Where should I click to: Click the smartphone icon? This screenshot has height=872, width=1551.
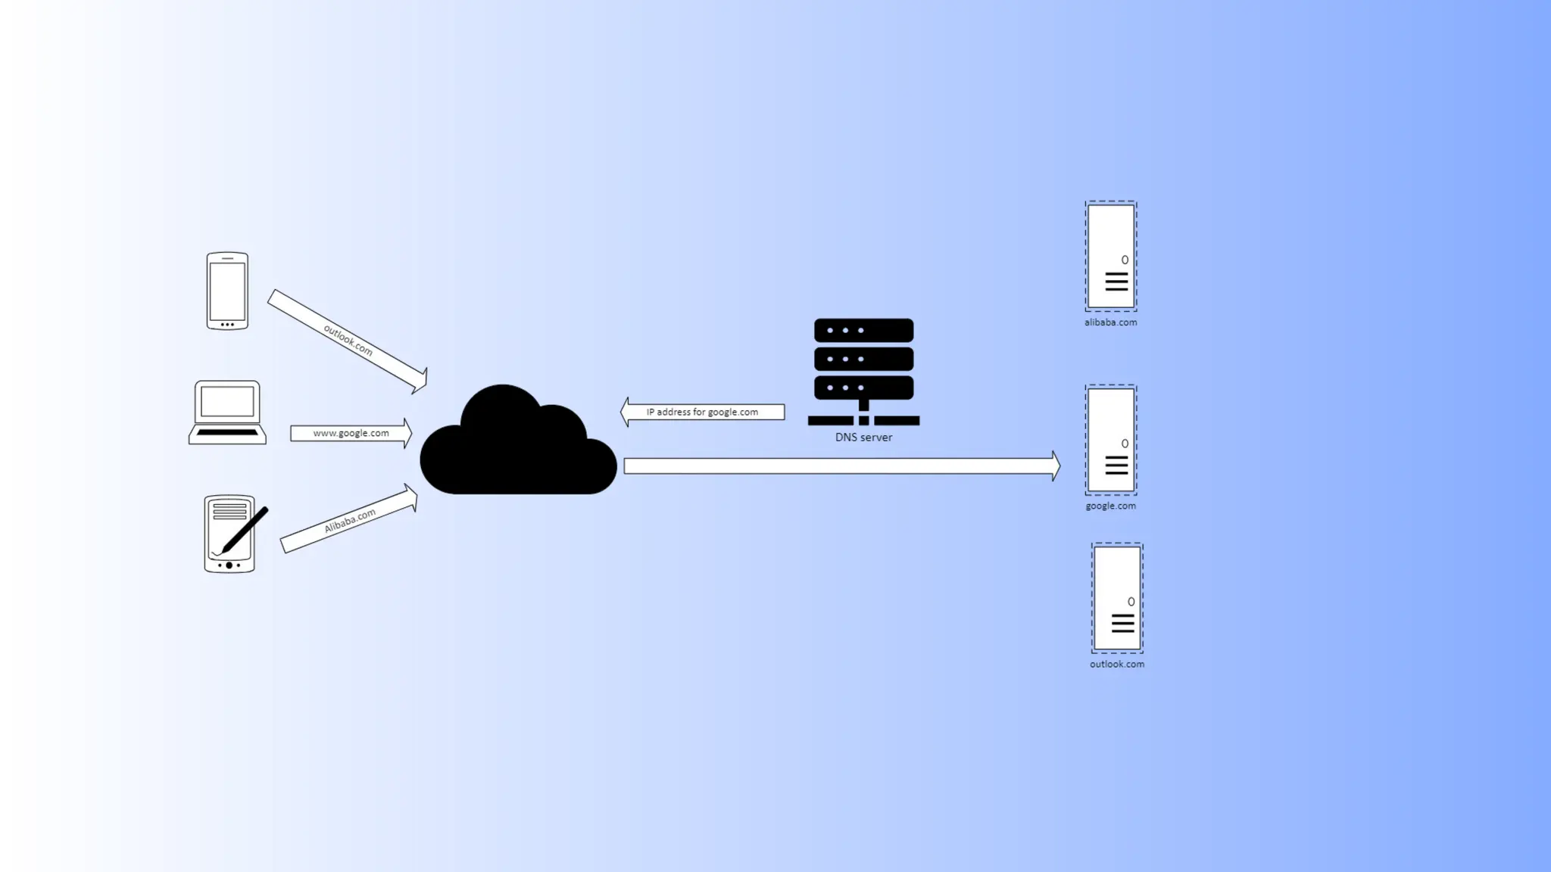[227, 291]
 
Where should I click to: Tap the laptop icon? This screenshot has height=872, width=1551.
[227, 412]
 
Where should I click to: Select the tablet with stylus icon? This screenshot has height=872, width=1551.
[229, 534]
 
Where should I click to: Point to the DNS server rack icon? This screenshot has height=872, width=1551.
[863, 371]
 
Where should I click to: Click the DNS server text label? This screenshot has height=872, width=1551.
[863, 438]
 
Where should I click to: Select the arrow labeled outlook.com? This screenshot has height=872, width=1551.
[348, 341]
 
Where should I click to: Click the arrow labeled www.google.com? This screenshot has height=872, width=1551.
[351, 433]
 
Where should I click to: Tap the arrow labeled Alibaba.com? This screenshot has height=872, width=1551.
[349, 521]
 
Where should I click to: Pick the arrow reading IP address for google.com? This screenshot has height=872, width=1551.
[702, 412]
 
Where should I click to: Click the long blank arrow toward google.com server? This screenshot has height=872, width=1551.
[841, 466]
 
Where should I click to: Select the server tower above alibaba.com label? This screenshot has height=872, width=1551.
[1111, 256]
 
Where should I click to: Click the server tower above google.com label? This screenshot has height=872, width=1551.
[1111, 440]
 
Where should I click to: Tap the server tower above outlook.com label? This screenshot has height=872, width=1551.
[1117, 598]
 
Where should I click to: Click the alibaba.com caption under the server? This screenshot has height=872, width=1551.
[1110, 322]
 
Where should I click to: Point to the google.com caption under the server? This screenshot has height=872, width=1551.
[1110, 506]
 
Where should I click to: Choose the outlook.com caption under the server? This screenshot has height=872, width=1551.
[1117, 665]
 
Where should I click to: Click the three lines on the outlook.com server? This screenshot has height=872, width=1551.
[1122, 623]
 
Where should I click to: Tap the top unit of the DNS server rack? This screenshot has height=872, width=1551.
[863, 330]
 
